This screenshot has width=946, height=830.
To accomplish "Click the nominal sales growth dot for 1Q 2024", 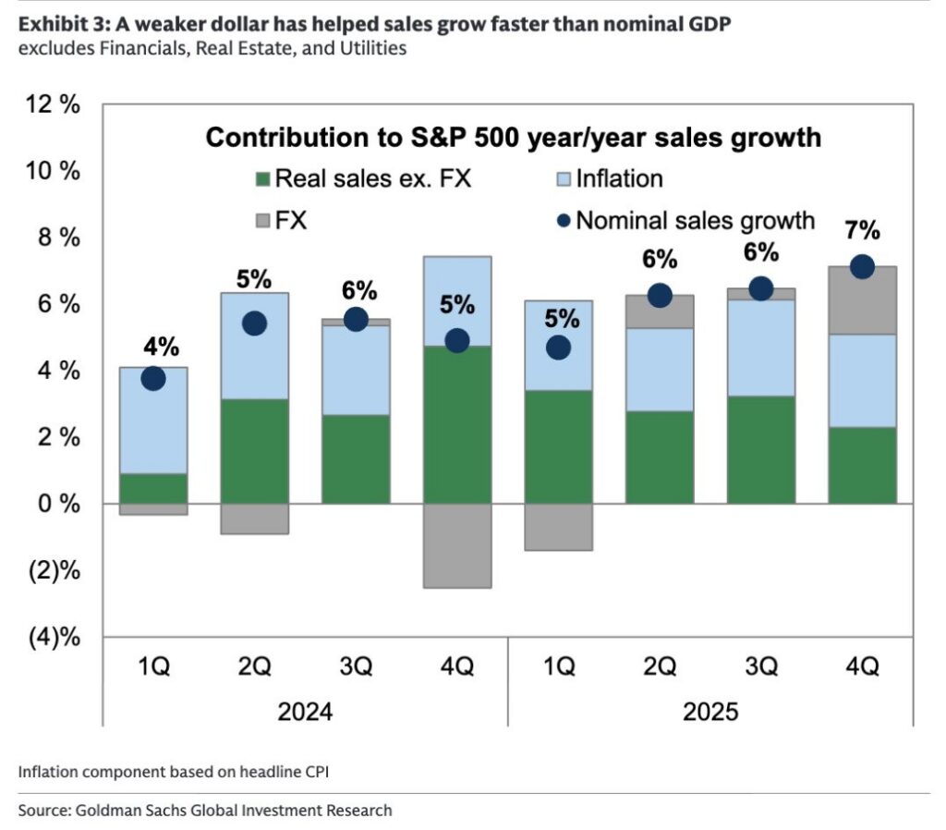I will (153, 378).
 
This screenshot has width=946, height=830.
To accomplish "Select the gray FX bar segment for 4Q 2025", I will (862, 300).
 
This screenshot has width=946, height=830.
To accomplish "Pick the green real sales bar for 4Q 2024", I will (457, 425).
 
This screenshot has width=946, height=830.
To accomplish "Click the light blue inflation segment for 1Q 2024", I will (153, 421).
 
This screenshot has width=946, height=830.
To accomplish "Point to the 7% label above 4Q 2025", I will (862, 231).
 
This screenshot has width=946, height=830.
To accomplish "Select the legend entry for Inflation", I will (609, 177).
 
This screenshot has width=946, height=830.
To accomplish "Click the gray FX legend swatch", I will (261, 221).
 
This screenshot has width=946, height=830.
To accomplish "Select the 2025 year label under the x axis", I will (710, 713).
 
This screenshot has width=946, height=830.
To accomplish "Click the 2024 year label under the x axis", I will (305, 713).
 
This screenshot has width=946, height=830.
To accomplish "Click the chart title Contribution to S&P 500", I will (513, 138).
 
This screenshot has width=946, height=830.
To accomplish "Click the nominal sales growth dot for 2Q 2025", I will (660, 296).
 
